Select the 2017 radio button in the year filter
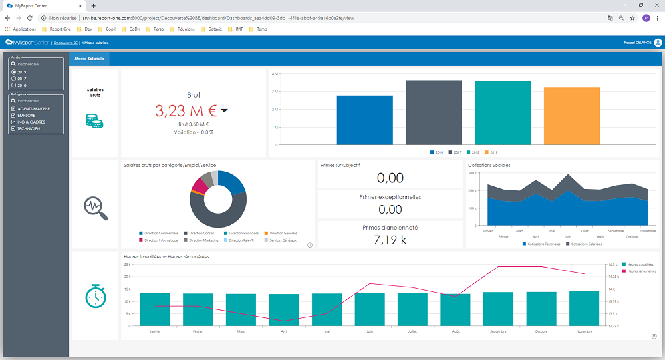coord(14,79)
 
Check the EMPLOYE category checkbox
coord(14,115)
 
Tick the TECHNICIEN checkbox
coord(14,128)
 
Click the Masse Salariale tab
coord(89,59)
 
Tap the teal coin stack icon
coord(94,120)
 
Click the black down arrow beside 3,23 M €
coord(224,110)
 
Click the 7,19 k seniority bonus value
coord(390,240)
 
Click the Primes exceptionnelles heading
coord(390,197)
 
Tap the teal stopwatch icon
coord(96,296)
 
